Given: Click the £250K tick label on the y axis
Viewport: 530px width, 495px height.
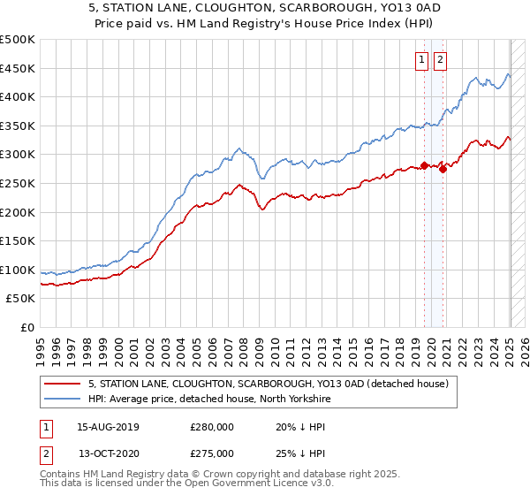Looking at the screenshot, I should point(18,183).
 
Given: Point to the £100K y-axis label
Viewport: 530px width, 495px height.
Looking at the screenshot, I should point(18,270).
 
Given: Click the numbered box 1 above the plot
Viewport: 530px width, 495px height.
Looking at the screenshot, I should point(421,60).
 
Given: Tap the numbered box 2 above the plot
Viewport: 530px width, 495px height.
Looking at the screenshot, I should point(440,60).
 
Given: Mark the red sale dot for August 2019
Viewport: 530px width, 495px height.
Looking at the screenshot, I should point(425,165).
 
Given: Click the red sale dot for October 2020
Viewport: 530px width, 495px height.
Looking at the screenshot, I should point(443,169).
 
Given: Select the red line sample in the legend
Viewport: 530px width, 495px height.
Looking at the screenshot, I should point(64,384).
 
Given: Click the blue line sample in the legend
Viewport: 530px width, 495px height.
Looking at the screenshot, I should point(64,400).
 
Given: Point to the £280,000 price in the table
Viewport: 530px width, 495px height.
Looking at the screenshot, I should point(212,427).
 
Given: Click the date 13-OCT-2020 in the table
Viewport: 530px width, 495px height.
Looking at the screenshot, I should point(108,453).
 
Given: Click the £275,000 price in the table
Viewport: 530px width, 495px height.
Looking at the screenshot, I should point(212,453).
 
